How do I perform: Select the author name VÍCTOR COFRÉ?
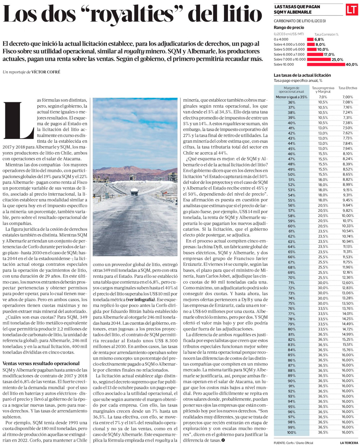(x=46, y=72)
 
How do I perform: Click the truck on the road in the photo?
(x=135, y=192)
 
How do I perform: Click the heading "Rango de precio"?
(x=289, y=27)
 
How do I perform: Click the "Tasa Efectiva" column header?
(x=347, y=88)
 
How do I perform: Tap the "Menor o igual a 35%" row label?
(x=292, y=97)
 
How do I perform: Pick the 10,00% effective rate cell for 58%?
(x=347, y=215)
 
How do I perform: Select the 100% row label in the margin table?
(x=292, y=432)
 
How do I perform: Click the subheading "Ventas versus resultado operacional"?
(x=41, y=363)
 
